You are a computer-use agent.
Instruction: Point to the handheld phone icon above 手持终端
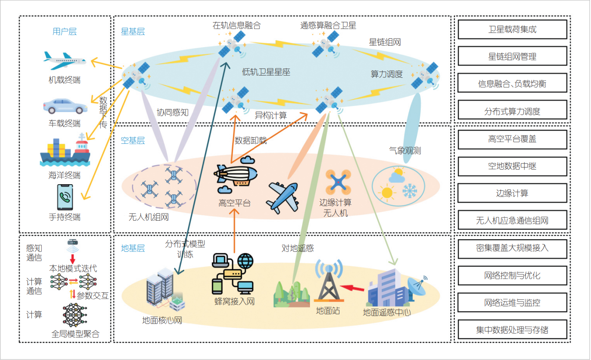click(65, 197)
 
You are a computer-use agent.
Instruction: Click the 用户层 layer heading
click(65, 32)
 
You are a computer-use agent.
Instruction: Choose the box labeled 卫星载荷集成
click(512, 29)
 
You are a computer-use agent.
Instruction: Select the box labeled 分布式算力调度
click(512, 111)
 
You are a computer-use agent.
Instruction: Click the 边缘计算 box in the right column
click(512, 193)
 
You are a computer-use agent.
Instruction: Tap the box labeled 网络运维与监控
click(512, 302)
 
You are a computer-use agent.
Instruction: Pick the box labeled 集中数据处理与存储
click(512, 330)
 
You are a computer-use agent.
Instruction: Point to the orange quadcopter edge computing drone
click(338, 182)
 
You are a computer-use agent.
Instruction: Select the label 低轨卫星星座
click(266, 72)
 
